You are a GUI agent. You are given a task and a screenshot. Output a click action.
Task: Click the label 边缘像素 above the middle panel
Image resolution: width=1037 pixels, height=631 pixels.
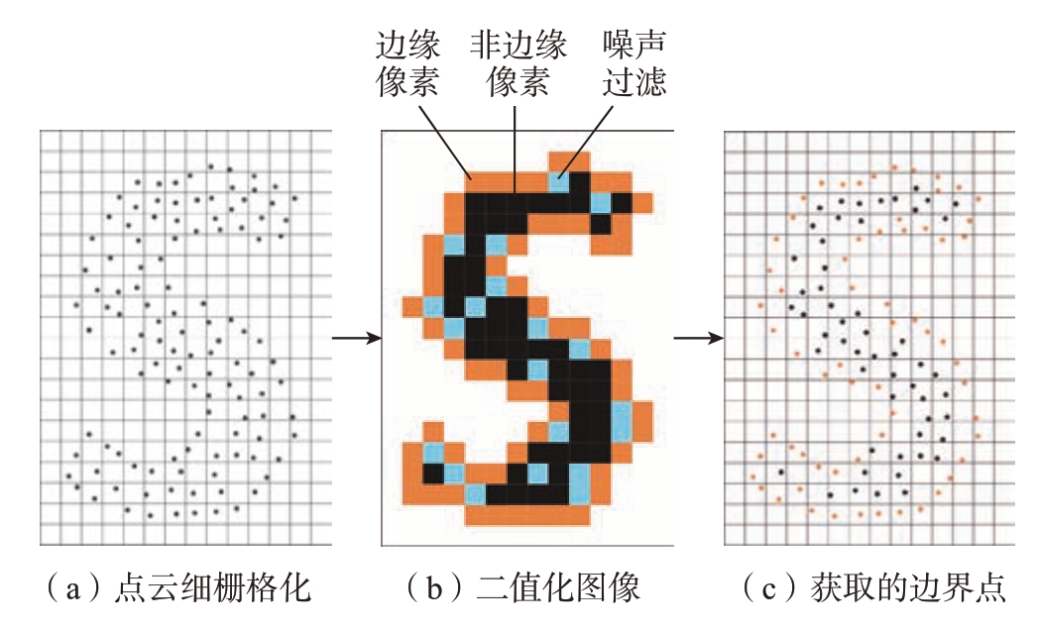(407, 63)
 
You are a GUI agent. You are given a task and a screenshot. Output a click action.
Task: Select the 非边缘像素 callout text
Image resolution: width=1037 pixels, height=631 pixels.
(518, 63)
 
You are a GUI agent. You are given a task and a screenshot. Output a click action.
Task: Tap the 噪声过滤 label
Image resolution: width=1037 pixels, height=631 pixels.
(634, 63)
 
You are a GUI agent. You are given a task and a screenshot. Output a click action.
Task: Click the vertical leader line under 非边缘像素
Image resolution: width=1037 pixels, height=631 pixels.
(515, 150)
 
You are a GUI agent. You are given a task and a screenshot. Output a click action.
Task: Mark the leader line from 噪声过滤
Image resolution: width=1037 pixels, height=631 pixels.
(586, 142)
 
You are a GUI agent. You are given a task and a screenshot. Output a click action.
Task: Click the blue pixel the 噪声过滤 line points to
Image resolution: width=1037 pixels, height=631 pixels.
(559, 181)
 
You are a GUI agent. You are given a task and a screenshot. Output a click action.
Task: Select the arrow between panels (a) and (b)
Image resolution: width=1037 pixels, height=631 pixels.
(357, 339)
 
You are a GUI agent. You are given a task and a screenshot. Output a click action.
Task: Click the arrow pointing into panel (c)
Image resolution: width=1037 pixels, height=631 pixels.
(699, 339)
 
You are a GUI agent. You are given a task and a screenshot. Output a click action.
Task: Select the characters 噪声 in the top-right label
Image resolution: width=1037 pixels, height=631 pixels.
(634, 45)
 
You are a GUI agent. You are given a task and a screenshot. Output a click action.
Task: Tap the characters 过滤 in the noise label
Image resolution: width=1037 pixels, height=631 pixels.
(634, 82)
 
